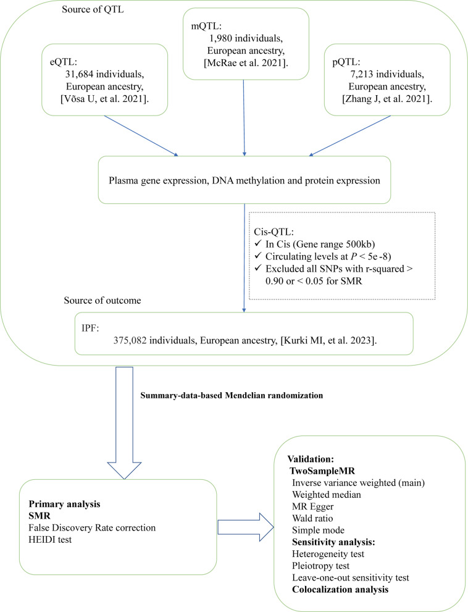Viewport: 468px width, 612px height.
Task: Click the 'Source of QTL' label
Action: pyautogui.click(x=93, y=9)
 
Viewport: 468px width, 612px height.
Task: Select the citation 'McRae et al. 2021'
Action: pyautogui.click(x=246, y=62)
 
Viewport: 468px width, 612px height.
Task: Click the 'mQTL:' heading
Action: pyautogui.click(x=206, y=26)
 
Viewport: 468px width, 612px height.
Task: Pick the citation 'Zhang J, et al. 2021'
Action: pyautogui.click(x=387, y=99)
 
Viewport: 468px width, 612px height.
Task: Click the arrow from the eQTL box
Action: pyautogui.click(x=141, y=136)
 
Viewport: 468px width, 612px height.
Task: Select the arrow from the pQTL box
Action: pyautogui.click(x=349, y=136)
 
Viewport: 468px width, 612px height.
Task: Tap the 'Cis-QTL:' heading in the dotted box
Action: pyautogui.click(x=274, y=232)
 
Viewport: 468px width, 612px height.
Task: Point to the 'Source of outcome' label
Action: pyautogui.click(x=102, y=300)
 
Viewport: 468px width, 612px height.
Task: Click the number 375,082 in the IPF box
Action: pyautogui.click(x=130, y=340)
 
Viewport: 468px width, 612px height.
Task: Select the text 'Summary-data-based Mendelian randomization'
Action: pyautogui.click(x=232, y=395)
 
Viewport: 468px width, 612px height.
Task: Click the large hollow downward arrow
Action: pyautogui.click(x=124, y=422)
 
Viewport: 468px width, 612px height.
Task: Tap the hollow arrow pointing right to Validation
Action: pyautogui.click(x=246, y=527)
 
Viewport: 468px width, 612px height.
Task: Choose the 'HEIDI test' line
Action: pyautogui.click(x=50, y=540)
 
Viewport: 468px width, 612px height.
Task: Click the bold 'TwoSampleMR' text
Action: pyautogui.click(x=322, y=471)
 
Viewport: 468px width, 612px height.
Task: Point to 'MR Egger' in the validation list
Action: pyautogui.click(x=312, y=506)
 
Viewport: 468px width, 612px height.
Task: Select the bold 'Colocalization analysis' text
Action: pyautogui.click(x=340, y=589)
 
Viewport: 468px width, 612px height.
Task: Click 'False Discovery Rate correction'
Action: pyautogui.click(x=92, y=527)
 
